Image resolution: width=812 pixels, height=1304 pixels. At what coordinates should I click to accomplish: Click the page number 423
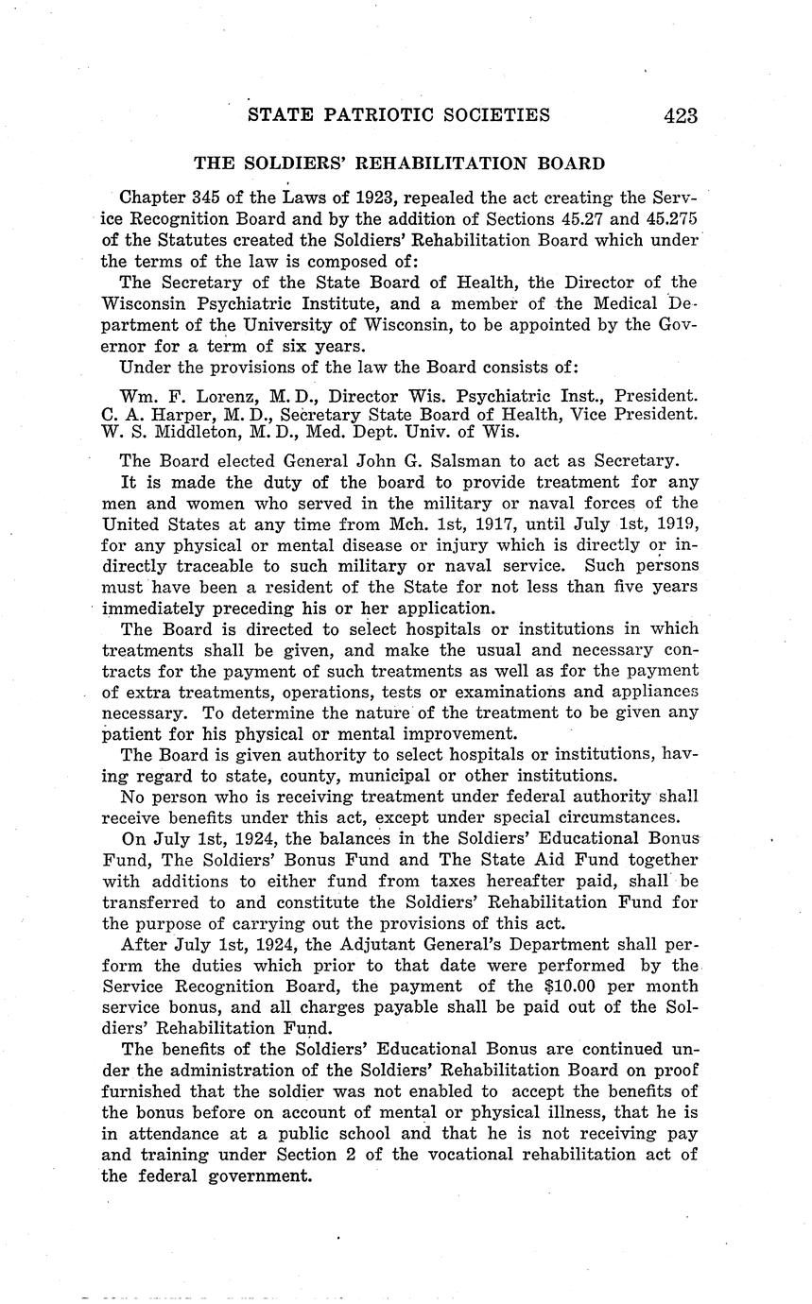point(681,116)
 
